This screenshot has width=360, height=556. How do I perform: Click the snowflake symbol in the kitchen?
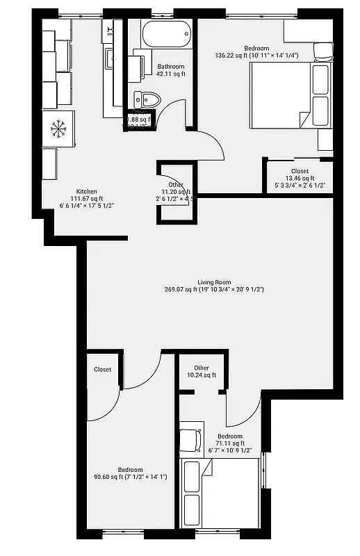[57, 129]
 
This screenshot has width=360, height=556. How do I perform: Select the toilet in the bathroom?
[147, 99]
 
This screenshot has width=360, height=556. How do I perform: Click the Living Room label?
[214, 281]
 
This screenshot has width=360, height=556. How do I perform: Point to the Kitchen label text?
[86, 192]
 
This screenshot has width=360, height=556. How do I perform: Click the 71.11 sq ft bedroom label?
[229, 443]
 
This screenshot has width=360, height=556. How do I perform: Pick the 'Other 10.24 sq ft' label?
[202, 371]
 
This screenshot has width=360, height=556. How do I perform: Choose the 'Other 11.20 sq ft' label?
[175, 188]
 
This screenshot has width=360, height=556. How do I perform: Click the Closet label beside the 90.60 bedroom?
[102, 370]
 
